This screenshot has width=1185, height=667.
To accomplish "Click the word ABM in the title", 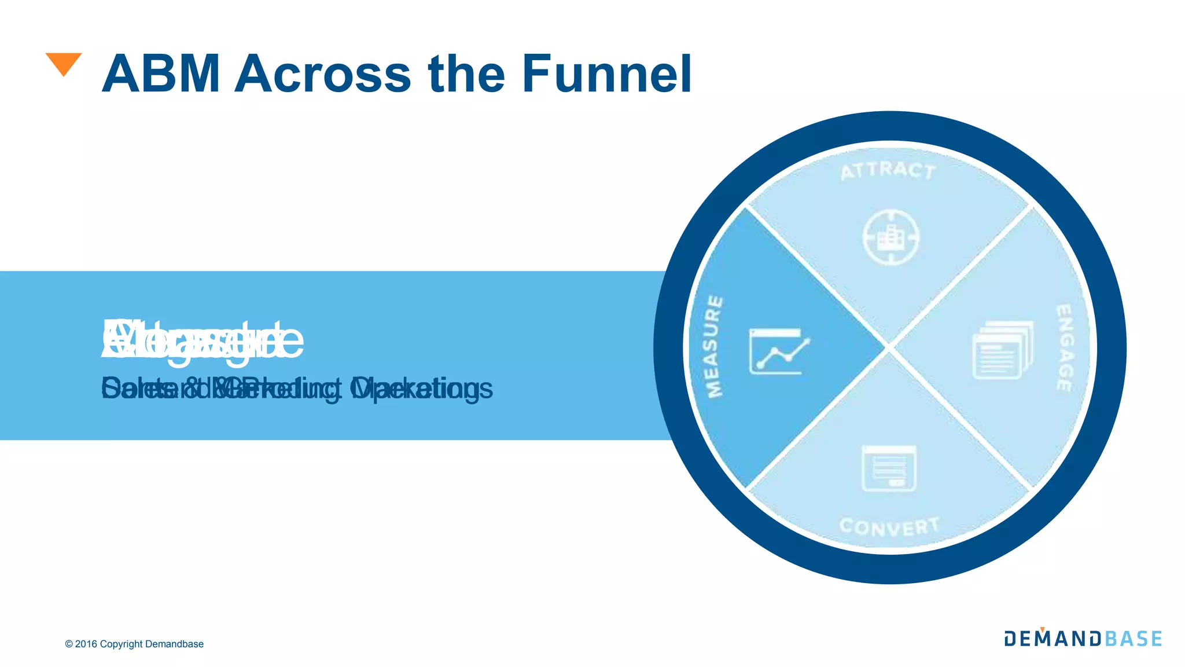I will pos(160,74).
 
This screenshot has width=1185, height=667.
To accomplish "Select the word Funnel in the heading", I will pos(606,74).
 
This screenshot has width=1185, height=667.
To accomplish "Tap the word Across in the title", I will pos(322,74).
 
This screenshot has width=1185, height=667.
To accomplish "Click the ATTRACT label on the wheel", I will pos(888,171).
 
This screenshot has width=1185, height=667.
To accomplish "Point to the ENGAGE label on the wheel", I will pos(1065,347).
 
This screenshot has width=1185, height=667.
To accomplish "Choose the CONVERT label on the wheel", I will pos(889,526).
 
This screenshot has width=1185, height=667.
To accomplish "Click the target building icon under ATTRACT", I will pos(890,237).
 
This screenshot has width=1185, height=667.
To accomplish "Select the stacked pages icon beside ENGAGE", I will pos(1003,350).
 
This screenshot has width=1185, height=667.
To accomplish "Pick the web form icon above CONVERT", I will pos(889,468).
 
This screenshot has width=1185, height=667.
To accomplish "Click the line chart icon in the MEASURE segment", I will pos(778,351).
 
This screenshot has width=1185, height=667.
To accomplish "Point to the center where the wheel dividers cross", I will pos(889,347).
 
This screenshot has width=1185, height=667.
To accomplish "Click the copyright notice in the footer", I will pos(134,644).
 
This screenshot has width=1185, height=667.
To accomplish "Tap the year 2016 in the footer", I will pos(86,644).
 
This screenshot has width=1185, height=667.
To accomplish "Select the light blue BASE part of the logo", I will pos(1134,639).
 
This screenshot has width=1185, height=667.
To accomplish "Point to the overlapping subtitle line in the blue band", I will pos(297,389).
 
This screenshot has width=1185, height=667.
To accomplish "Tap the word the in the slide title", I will pos(467,74).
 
